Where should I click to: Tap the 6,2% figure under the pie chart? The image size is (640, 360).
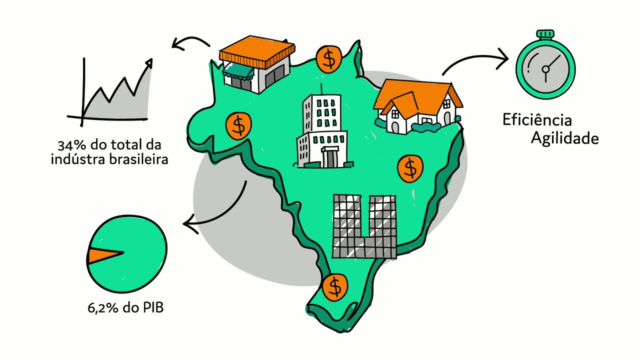[103, 308]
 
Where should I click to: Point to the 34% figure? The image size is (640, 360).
[71, 145]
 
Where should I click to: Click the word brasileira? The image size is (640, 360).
[139, 159]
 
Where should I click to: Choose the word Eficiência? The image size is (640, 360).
[537, 119]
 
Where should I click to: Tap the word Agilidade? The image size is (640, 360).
[565, 138]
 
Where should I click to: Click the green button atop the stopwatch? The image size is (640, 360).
[545, 33]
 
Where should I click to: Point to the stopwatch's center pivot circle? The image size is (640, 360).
[545, 69]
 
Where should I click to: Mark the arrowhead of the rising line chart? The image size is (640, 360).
[149, 63]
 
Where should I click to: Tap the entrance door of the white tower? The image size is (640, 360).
[329, 158]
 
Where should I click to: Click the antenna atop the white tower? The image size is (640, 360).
[321, 89]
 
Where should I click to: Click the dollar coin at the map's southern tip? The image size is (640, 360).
[335, 287]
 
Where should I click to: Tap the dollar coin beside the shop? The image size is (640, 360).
[329, 59]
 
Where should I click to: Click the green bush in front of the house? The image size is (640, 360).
[425, 127]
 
